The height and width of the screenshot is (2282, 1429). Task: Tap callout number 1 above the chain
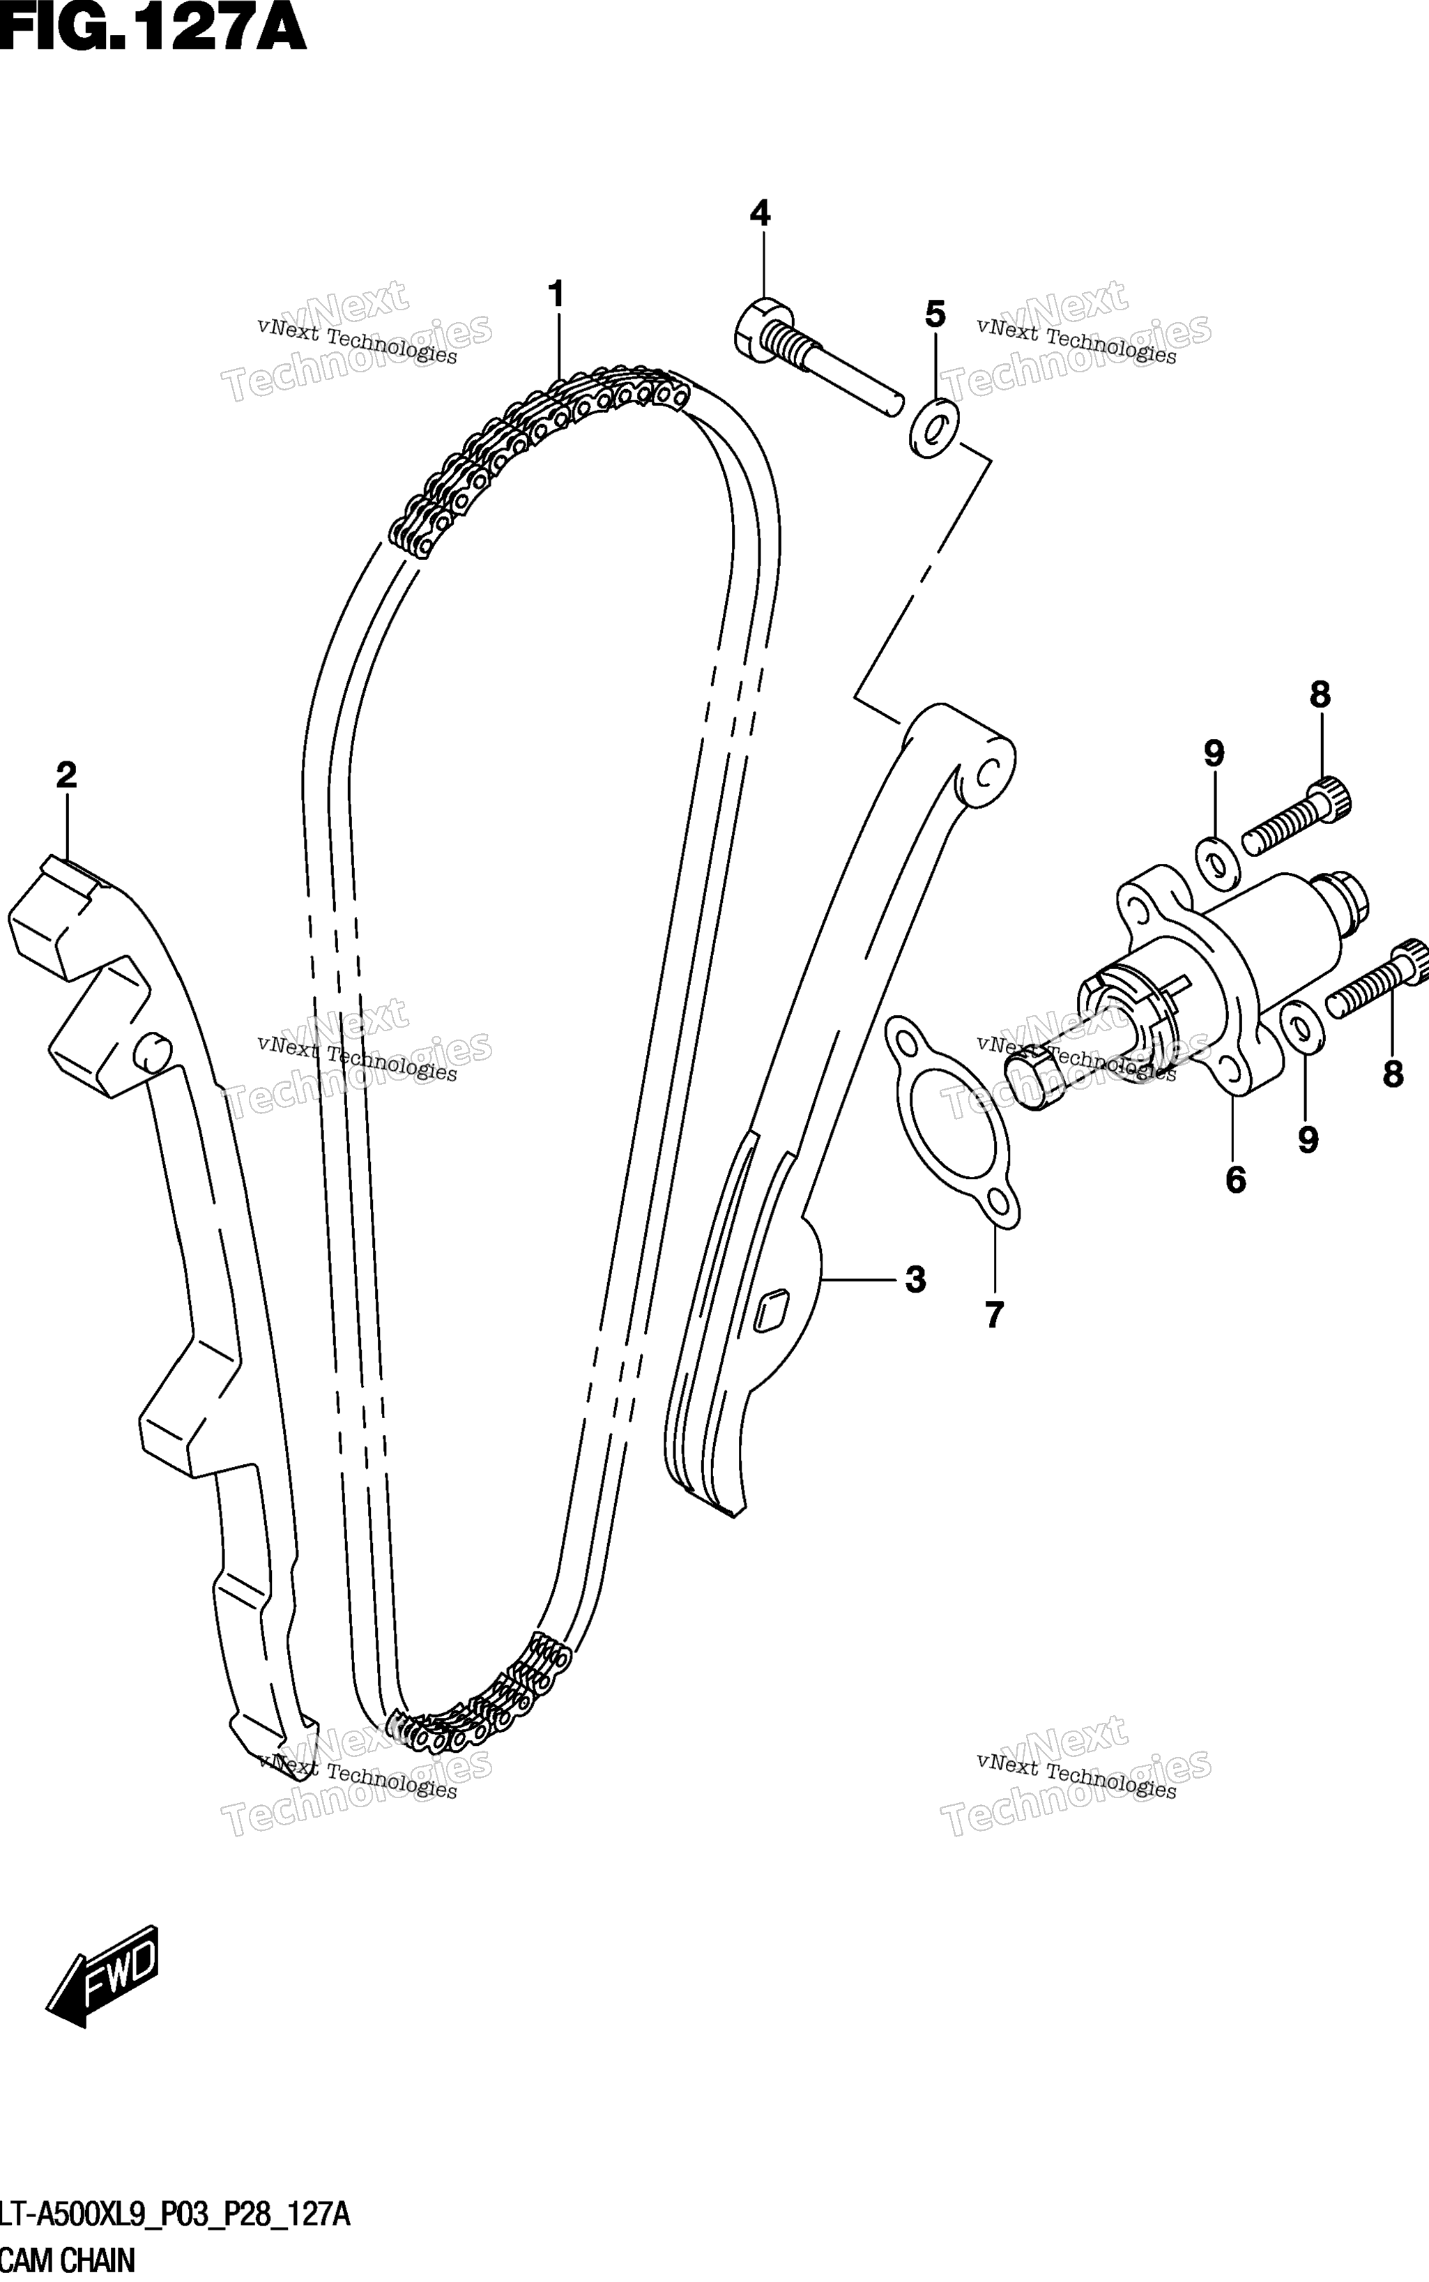click(557, 294)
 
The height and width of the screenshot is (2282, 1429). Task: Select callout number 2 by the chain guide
click(66, 775)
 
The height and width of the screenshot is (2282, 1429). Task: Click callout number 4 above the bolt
click(760, 213)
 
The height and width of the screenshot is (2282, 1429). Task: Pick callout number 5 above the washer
click(935, 314)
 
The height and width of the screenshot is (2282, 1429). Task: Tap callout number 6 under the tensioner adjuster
click(1235, 1180)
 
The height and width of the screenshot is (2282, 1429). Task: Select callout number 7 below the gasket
click(993, 1315)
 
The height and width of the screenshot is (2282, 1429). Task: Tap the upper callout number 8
click(1320, 695)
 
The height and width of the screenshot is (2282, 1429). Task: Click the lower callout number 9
click(1307, 1140)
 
